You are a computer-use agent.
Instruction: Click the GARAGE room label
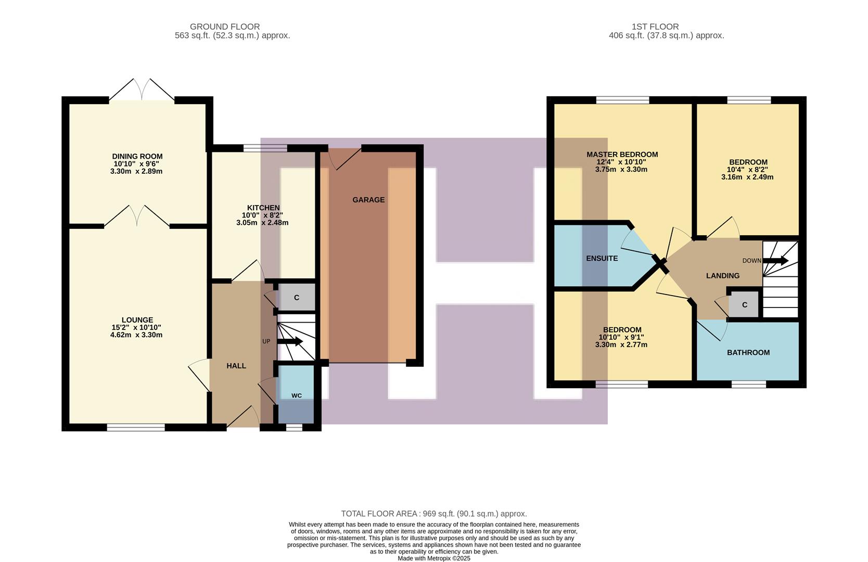click(368, 200)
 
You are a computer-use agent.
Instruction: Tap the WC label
click(296, 395)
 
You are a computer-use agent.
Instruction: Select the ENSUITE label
click(602, 258)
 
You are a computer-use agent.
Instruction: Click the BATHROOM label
click(748, 352)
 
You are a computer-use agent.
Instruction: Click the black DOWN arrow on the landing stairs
click(776, 261)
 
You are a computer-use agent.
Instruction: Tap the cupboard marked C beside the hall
click(297, 298)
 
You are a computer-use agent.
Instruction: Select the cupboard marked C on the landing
click(744, 305)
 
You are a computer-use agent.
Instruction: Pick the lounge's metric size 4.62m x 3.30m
click(136, 335)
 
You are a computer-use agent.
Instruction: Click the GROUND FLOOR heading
click(225, 27)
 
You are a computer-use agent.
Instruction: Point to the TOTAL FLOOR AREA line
click(433, 514)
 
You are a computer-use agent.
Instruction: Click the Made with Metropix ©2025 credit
click(433, 558)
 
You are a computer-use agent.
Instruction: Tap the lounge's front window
click(136, 427)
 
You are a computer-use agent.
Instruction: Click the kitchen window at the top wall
click(265, 148)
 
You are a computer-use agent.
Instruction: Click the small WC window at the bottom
click(294, 427)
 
